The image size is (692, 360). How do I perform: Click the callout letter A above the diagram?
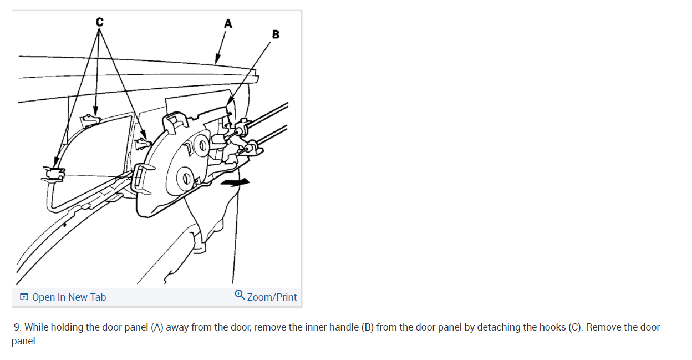tap(228, 24)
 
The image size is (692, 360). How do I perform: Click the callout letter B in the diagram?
tap(276, 35)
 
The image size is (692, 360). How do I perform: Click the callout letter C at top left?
tap(99, 22)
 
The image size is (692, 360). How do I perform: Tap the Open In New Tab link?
tap(69, 297)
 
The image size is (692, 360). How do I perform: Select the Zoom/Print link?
tap(272, 297)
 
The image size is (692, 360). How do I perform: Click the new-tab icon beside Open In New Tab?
tap(24, 297)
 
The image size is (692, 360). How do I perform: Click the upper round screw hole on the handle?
tap(202, 146)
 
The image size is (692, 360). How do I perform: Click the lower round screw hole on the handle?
tap(186, 179)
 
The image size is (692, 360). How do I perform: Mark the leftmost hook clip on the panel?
tap(55, 173)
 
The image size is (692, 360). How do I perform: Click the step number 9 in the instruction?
tap(17, 327)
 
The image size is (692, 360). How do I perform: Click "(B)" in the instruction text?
tap(367, 327)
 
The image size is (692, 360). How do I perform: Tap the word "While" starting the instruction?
tap(36, 327)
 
